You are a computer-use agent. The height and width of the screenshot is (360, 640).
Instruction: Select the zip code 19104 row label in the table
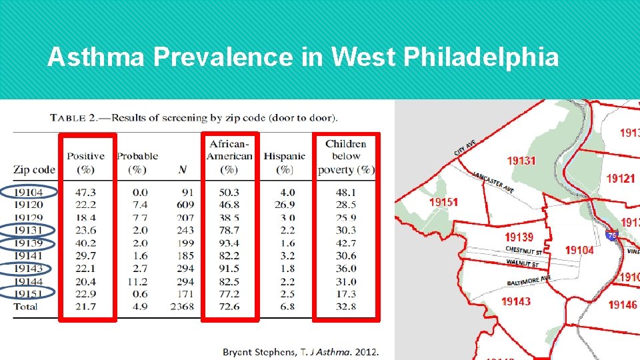tap(34, 192)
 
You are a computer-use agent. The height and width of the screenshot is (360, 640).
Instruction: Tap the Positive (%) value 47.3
tap(85, 192)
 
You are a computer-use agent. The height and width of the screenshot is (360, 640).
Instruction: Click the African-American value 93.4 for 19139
tap(229, 243)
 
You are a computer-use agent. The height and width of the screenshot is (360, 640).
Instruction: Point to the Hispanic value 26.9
tap(284, 205)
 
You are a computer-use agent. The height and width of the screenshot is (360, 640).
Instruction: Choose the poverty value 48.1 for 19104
tap(345, 192)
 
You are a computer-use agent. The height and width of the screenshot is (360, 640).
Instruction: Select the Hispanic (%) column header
tap(284, 163)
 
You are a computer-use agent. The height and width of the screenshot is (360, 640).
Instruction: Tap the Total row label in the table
tap(25, 307)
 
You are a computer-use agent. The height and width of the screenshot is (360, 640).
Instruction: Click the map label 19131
tap(521, 160)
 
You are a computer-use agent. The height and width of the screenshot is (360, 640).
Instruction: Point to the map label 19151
tap(444, 202)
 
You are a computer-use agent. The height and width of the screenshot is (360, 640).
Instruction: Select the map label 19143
tap(516, 301)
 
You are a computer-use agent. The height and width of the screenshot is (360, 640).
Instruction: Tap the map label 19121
tap(620, 178)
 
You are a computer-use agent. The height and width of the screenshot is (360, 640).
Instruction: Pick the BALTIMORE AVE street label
tap(529, 280)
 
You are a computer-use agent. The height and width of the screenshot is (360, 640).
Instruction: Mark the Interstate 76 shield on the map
tap(612, 235)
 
